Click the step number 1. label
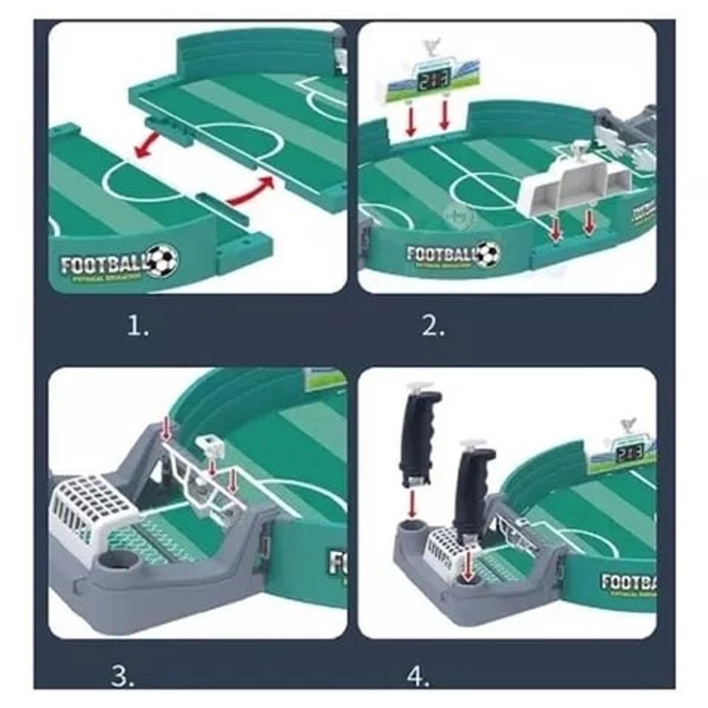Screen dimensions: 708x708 [x=138, y=326]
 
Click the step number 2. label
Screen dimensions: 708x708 [x=432, y=326]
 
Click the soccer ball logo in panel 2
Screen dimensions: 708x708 [x=487, y=253]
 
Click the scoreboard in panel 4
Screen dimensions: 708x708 [x=625, y=450]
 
